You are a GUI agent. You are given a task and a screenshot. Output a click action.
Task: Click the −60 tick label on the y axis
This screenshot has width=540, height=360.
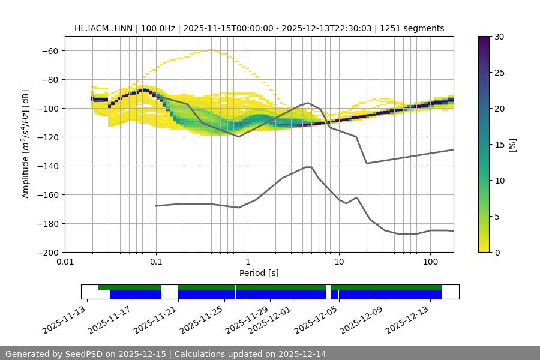(x=49, y=50)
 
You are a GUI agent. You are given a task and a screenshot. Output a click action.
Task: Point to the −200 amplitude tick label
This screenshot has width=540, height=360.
(x=47, y=252)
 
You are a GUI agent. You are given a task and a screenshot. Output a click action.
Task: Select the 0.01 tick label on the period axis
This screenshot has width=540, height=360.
(x=65, y=262)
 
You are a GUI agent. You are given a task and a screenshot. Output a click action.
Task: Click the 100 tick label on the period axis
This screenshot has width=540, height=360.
(x=430, y=262)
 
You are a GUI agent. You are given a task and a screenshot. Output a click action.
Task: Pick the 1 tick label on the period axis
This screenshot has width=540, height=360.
(x=247, y=262)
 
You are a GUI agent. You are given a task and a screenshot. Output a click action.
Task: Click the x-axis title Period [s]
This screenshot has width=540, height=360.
(x=259, y=273)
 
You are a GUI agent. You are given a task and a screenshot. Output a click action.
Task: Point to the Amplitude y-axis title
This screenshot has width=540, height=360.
(x=26, y=144)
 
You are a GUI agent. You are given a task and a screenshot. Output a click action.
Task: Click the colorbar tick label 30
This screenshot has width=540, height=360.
(x=499, y=37)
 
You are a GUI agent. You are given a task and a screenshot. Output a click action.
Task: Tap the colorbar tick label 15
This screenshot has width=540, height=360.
(x=499, y=144)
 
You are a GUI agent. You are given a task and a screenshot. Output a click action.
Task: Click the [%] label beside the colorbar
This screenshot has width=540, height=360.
(x=512, y=144)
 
